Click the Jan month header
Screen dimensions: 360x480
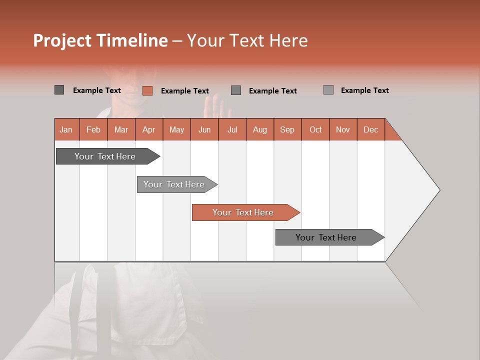point(66,129)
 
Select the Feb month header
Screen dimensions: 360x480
point(93,129)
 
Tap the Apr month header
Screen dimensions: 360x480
point(149,129)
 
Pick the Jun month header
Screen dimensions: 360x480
point(204,129)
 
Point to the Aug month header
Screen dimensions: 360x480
point(260,129)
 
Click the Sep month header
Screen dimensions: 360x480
point(287,129)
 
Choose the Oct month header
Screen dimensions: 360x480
point(315,129)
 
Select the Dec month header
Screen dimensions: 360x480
point(371,129)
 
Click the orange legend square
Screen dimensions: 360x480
point(147,90)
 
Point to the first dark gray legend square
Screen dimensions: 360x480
point(59,90)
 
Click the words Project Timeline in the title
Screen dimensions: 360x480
point(100,40)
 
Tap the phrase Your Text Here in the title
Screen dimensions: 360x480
point(247,40)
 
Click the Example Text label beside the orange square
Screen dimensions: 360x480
point(185,91)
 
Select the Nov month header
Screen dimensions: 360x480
point(343,129)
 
